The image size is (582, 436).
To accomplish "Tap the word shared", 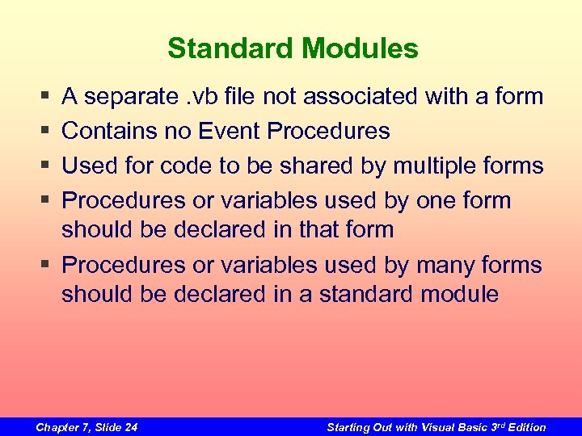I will pos(313,166).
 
